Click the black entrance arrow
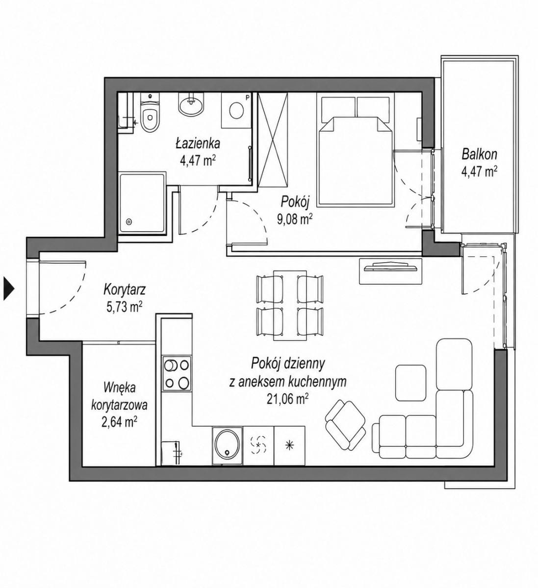pos(8,289)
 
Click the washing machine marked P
pos(236,110)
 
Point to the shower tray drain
pos(128,222)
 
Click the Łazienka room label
pos(198,144)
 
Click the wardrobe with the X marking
pos(273,140)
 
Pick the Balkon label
pos(479,154)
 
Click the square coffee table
pos(411,383)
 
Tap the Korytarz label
pos(125,290)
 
